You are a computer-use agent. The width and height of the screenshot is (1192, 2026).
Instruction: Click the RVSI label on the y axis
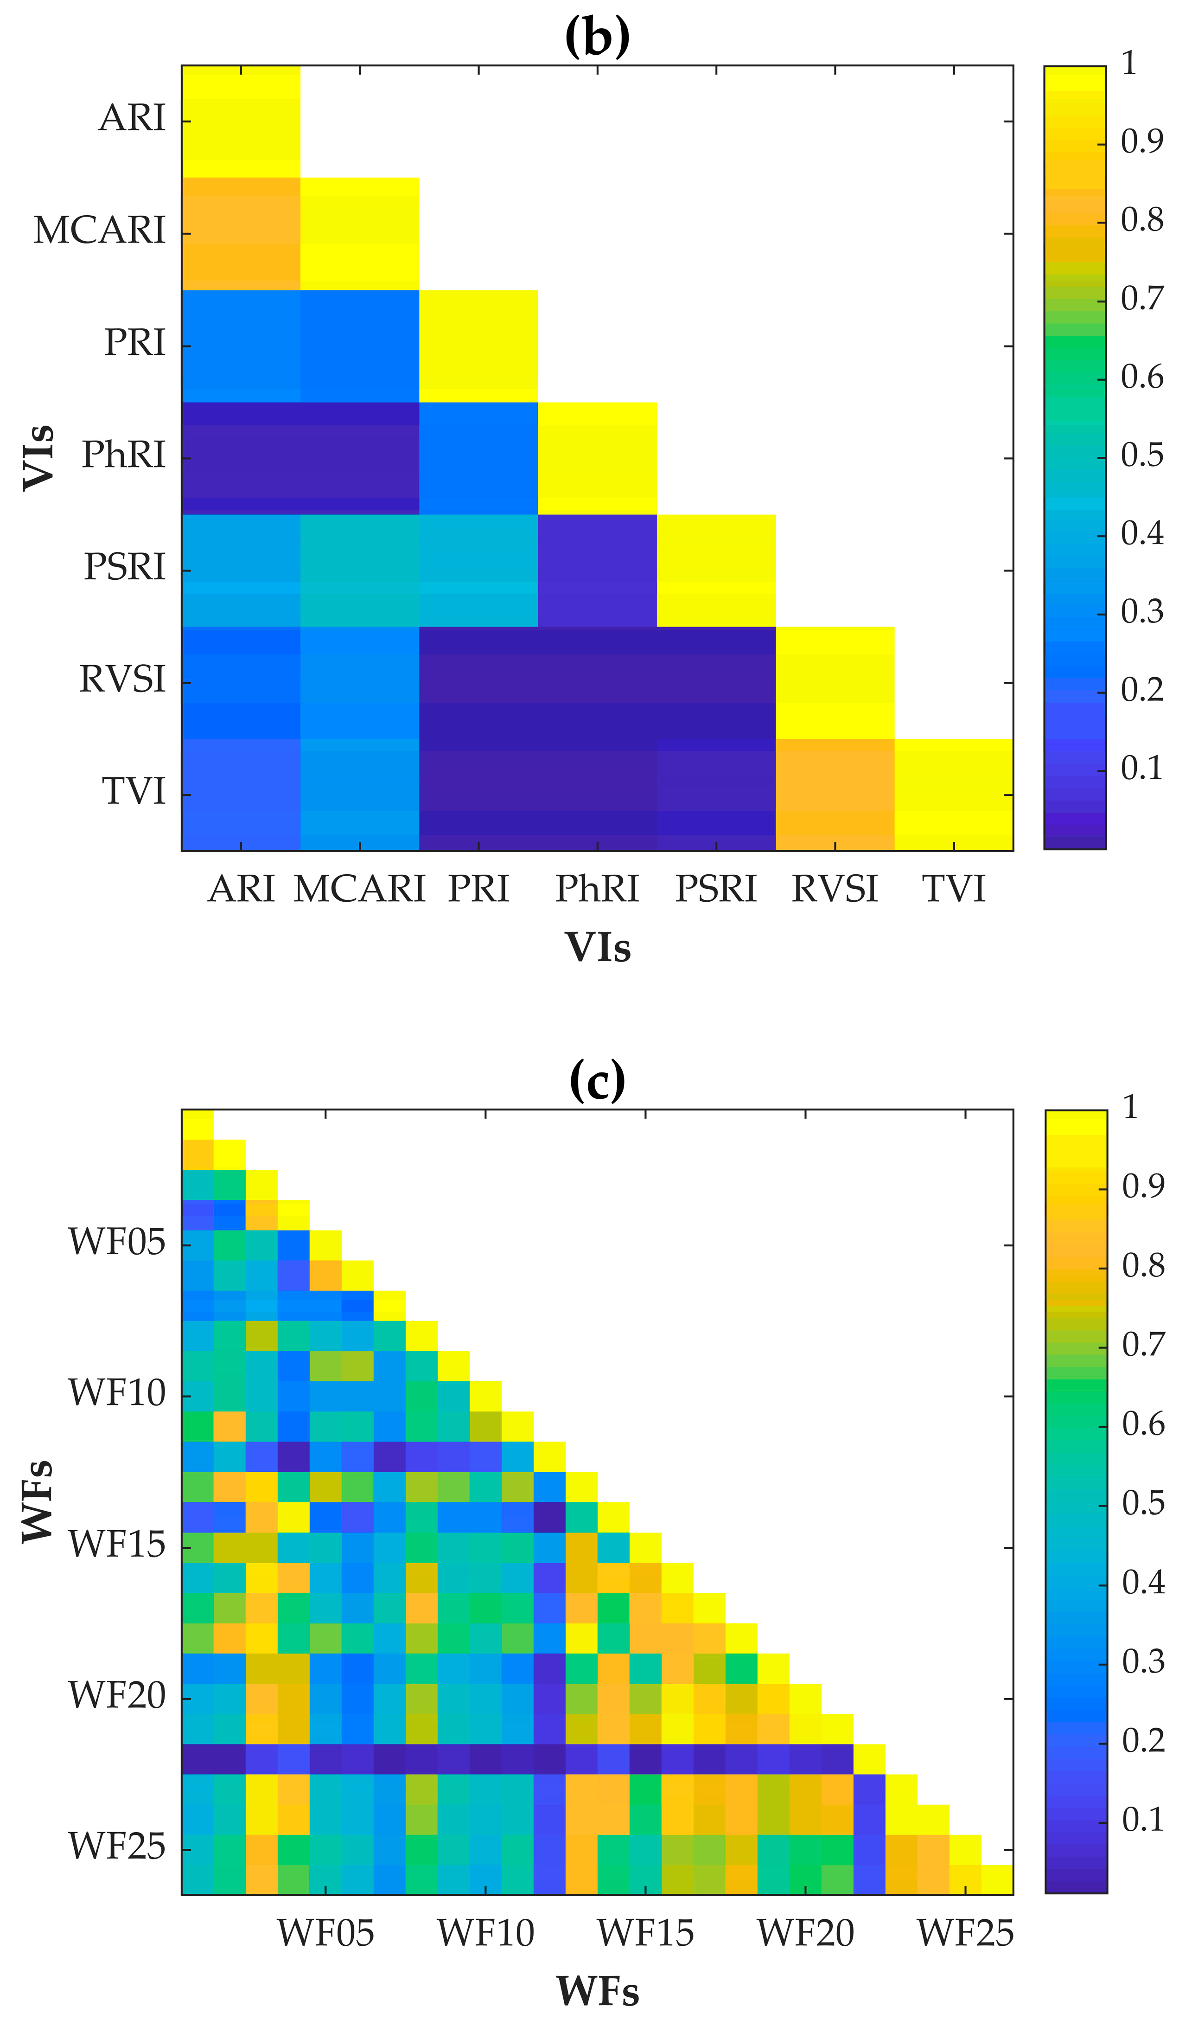point(122,680)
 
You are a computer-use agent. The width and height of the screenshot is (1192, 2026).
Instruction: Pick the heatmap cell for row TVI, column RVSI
point(835,795)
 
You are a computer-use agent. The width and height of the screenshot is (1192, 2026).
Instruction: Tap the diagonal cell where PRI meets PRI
point(478,346)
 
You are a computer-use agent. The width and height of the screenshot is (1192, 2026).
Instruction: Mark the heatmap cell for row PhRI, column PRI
point(478,457)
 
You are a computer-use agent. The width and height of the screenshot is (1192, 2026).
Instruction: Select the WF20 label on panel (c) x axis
point(805,1932)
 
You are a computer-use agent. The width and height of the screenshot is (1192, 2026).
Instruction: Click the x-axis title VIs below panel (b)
point(597,947)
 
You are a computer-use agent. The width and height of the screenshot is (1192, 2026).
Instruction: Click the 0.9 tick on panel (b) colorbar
point(1141,141)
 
